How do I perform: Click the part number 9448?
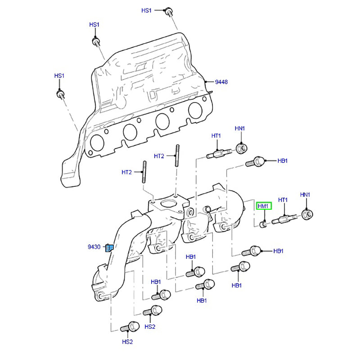pyautogui.click(x=221, y=82)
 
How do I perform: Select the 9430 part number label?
pyautogui.click(x=94, y=247)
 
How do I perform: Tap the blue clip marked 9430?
pyautogui.click(x=109, y=247)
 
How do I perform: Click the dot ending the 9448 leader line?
pyautogui.click(x=206, y=81)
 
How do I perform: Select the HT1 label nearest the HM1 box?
pyautogui.click(x=283, y=199)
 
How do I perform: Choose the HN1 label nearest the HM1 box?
pyautogui.click(x=306, y=194)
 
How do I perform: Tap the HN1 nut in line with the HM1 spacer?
pyautogui.click(x=307, y=214)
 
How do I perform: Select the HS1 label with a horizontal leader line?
pyautogui.click(x=147, y=10)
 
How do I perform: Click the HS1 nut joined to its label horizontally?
pyautogui.click(x=168, y=10)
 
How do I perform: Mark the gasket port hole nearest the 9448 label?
pyautogui.click(x=195, y=111)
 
